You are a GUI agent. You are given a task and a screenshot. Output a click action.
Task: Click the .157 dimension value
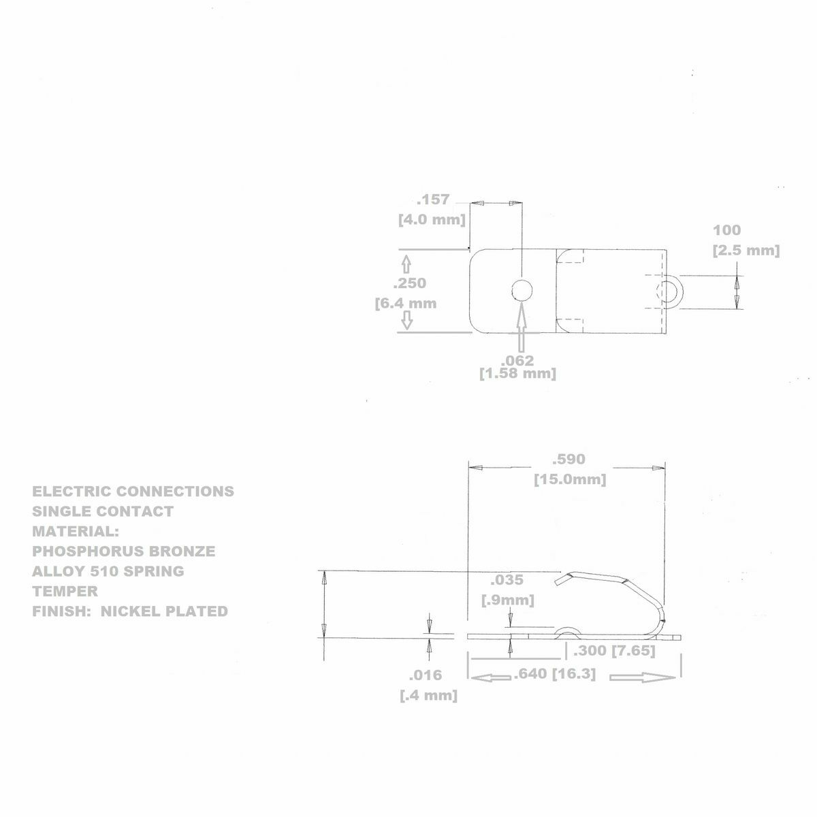tap(433, 199)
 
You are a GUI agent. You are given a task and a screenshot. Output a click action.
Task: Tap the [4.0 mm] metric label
tap(432, 220)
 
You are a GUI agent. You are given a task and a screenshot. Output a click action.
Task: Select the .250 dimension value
tap(410, 283)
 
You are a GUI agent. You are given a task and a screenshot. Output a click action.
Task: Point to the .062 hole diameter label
tap(517, 360)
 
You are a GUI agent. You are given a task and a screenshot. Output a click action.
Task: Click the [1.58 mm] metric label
tap(517, 374)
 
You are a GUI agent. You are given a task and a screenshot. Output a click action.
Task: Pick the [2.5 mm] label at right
tap(746, 251)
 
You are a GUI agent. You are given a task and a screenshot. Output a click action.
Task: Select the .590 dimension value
tap(568, 460)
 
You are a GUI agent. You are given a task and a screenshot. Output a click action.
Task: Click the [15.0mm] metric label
tap(569, 479)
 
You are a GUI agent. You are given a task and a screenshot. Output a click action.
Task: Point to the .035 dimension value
tap(507, 580)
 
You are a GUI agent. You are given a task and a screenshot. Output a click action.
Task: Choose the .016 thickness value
tap(426, 675)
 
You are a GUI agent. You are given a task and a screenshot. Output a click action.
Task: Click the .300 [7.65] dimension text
tap(614, 651)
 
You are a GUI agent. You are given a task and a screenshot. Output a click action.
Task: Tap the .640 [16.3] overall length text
tap(555, 674)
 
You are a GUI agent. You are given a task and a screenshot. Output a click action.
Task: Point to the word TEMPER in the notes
tap(65, 591)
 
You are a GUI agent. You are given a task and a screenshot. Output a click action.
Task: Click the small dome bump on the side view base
tap(566, 632)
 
